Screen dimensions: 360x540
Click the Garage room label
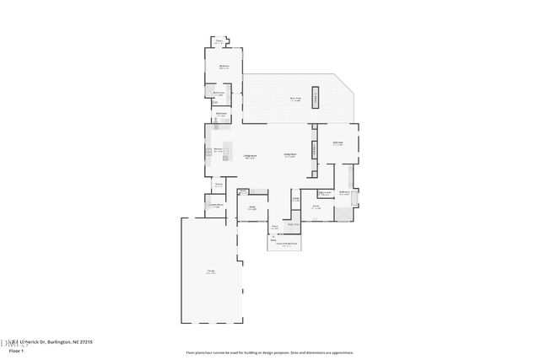pyautogui.click(x=210, y=271)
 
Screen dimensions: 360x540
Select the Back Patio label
pyautogui.click(x=296, y=99)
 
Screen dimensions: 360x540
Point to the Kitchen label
pyautogui.click(x=218, y=150)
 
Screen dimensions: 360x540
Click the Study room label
pyautogui.click(x=252, y=207)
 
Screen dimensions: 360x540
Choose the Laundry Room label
pyautogui.click(x=214, y=205)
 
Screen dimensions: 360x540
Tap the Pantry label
pyautogui.click(x=218, y=185)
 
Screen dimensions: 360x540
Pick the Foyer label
pyautogui.click(x=275, y=227)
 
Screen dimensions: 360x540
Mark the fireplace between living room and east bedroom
pyautogui.click(x=314, y=148)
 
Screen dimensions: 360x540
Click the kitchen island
pyautogui.click(x=228, y=152)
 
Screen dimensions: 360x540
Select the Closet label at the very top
pyautogui.click(x=219, y=41)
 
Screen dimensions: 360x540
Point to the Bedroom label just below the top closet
pyautogui.click(x=225, y=67)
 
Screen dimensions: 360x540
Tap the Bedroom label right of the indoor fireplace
pyautogui.click(x=337, y=143)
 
